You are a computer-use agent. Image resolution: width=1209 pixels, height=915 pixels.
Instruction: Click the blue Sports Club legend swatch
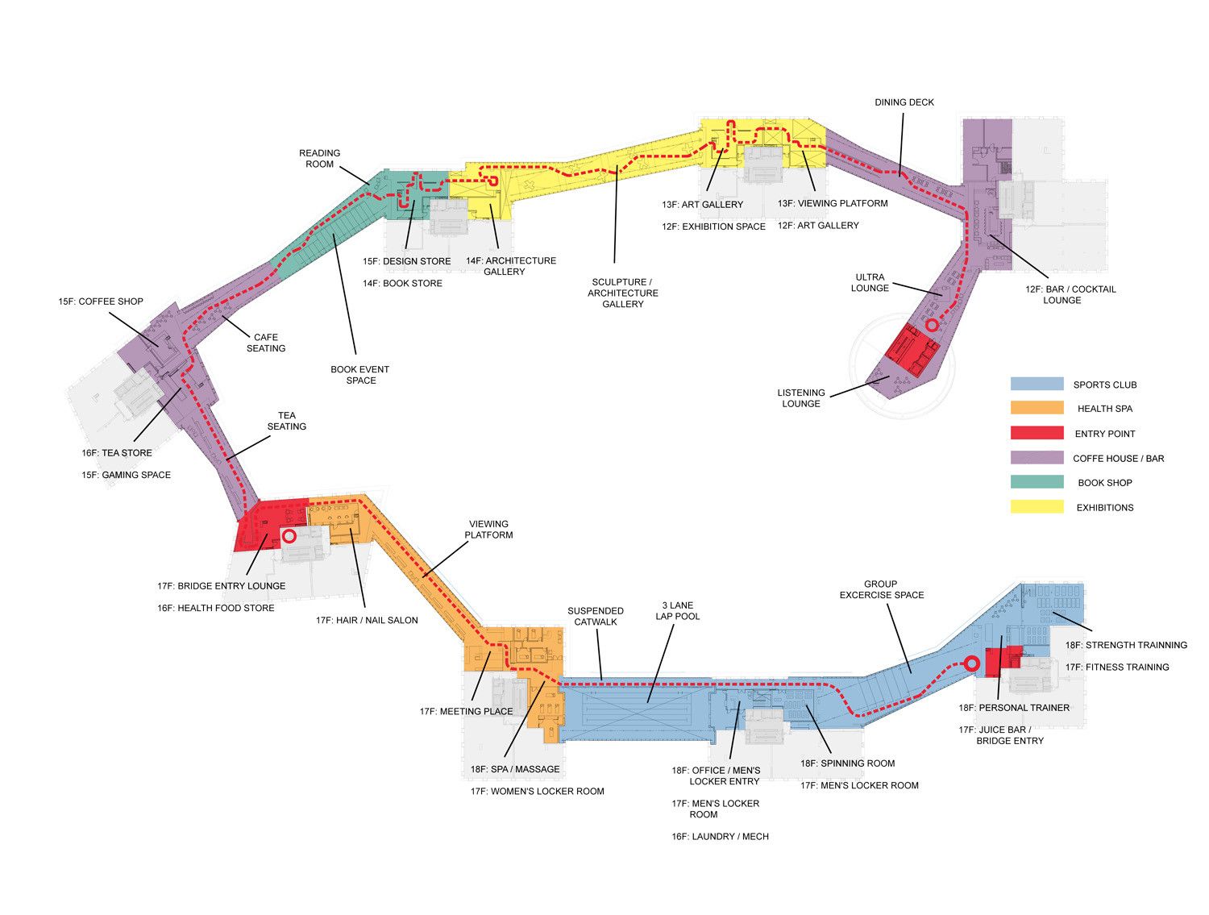click(1037, 385)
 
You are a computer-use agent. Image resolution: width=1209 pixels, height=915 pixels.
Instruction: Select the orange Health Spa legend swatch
click(1037, 409)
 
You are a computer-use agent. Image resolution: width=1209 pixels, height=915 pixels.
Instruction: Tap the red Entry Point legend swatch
click(1037, 433)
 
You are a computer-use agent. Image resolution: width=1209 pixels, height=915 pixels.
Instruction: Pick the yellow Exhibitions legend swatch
click(1037, 507)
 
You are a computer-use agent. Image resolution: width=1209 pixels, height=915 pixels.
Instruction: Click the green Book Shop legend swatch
click(1037, 482)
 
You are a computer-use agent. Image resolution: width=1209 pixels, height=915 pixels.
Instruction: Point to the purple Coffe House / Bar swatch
click(1037, 458)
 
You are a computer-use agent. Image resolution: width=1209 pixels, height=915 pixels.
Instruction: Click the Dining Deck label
click(904, 102)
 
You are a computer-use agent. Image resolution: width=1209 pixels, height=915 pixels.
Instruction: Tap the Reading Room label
click(319, 158)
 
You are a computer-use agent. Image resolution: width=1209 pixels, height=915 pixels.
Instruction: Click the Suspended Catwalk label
click(596, 616)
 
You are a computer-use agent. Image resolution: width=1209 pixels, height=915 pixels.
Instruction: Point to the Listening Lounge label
click(800, 398)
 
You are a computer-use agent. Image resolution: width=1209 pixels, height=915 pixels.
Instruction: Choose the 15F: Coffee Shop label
click(101, 302)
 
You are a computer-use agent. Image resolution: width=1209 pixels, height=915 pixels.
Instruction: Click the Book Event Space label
click(360, 375)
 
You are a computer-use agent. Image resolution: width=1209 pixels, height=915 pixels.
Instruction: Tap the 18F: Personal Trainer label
click(1014, 708)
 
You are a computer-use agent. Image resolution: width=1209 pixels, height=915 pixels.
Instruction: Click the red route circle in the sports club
click(972, 663)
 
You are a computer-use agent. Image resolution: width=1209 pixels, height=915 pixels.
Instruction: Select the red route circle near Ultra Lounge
click(932, 325)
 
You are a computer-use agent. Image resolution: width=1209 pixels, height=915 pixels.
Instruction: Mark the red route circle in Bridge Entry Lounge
click(289, 535)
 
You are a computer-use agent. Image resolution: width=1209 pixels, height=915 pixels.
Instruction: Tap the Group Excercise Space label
click(882, 589)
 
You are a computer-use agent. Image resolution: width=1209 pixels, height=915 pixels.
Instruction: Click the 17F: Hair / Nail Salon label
click(367, 620)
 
